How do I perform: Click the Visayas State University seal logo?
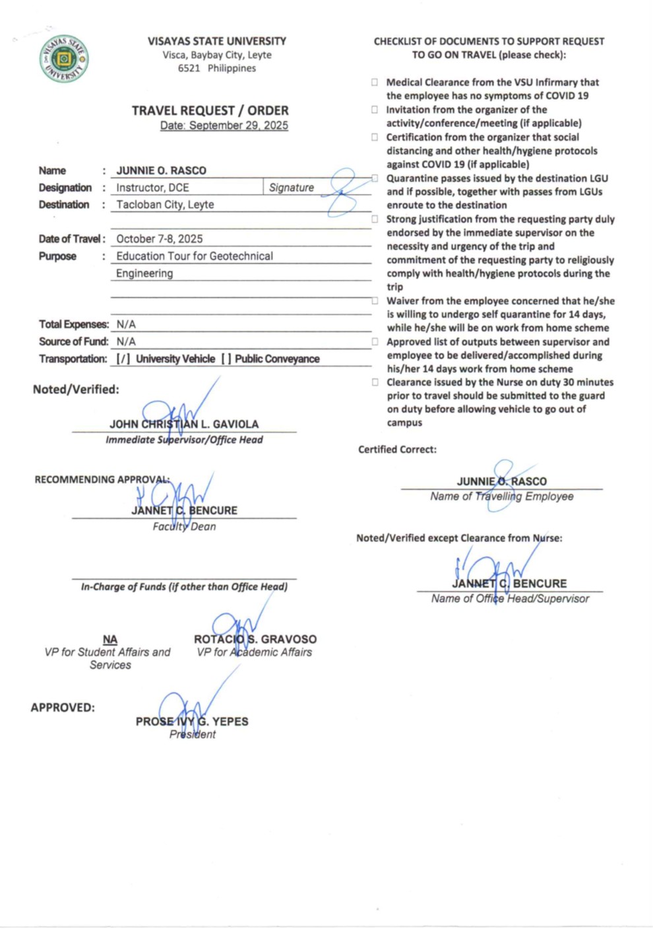63,59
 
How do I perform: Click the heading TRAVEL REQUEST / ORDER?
210,110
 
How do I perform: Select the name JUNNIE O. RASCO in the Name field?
161,170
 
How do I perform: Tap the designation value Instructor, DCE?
152,188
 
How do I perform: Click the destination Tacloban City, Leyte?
165,205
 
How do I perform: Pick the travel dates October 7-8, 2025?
159,239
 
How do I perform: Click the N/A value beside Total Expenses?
126,324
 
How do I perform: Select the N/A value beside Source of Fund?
126,341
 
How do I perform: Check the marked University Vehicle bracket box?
123,359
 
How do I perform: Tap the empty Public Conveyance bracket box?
226,359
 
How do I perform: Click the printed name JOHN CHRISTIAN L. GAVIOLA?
184,425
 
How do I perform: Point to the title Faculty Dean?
184,526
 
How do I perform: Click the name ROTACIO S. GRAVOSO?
255,639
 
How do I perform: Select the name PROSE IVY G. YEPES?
192,722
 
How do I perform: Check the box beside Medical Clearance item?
375,83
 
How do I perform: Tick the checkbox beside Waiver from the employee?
375,301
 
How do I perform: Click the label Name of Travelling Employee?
501,497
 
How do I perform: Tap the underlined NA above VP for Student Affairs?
110,639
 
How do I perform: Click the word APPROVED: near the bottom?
63,708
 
